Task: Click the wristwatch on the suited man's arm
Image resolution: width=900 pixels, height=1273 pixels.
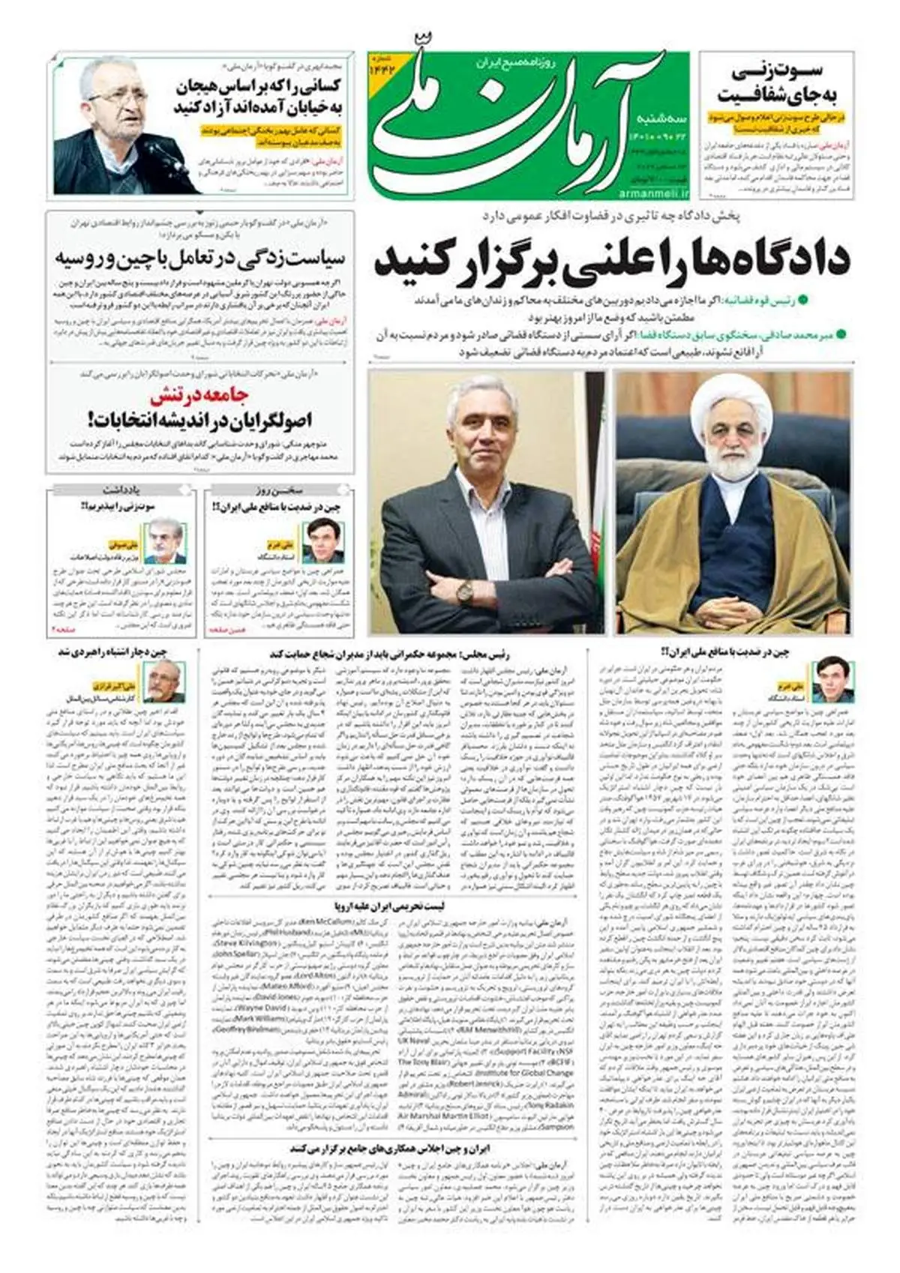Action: (x=466, y=592)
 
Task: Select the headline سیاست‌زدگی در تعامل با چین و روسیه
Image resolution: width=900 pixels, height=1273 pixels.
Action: (x=199, y=259)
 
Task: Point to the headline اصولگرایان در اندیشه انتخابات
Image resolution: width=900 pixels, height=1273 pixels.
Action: (x=199, y=419)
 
